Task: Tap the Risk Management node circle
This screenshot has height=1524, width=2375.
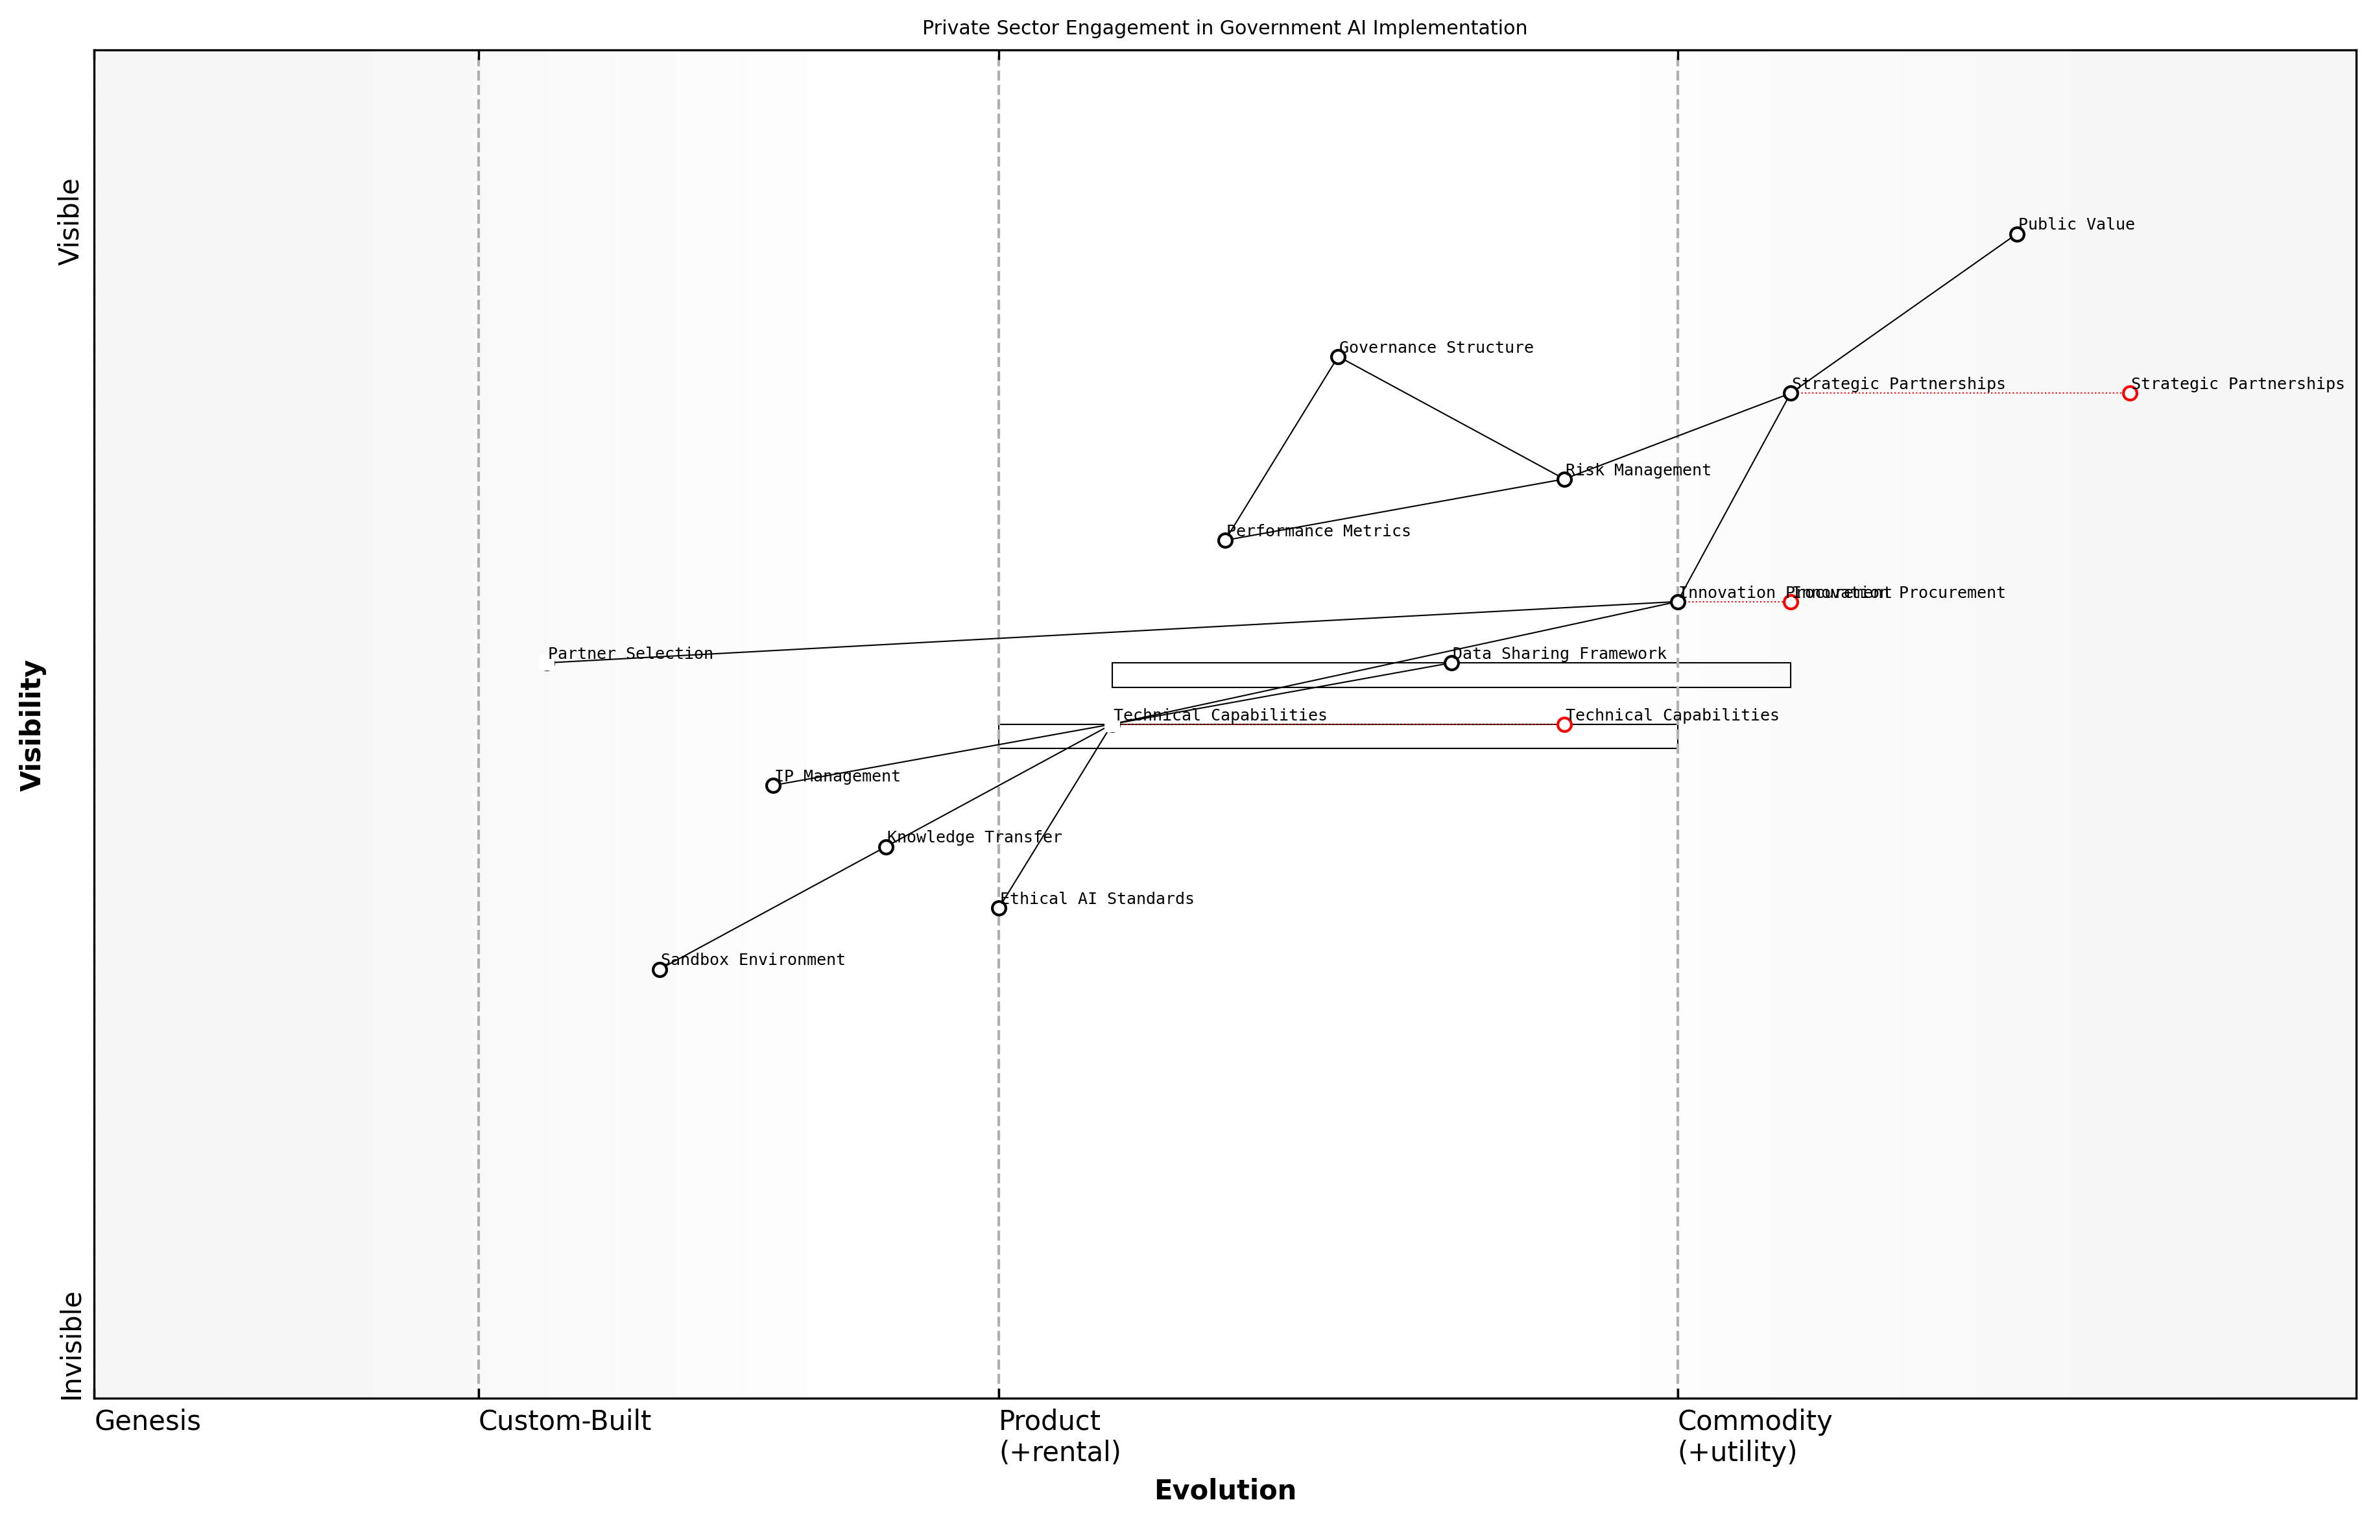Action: tap(1564, 480)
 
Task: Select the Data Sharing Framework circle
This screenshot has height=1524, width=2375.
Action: tap(1451, 663)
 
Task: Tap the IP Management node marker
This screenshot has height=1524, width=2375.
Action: tap(773, 786)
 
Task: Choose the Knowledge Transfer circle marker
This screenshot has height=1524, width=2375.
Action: tap(886, 847)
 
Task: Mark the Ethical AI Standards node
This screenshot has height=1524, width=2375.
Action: tap(999, 909)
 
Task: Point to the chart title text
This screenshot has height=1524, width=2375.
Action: tap(1224, 28)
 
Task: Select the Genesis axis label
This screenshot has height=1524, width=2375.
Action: tap(147, 1421)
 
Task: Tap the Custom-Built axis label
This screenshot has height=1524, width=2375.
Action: tap(564, 1421)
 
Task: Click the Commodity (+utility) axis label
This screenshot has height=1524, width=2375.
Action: tap(1754, 1436)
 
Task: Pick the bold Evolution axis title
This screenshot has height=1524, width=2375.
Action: tap(1224, 1490)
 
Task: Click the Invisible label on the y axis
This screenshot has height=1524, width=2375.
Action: tap(70, 1346)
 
